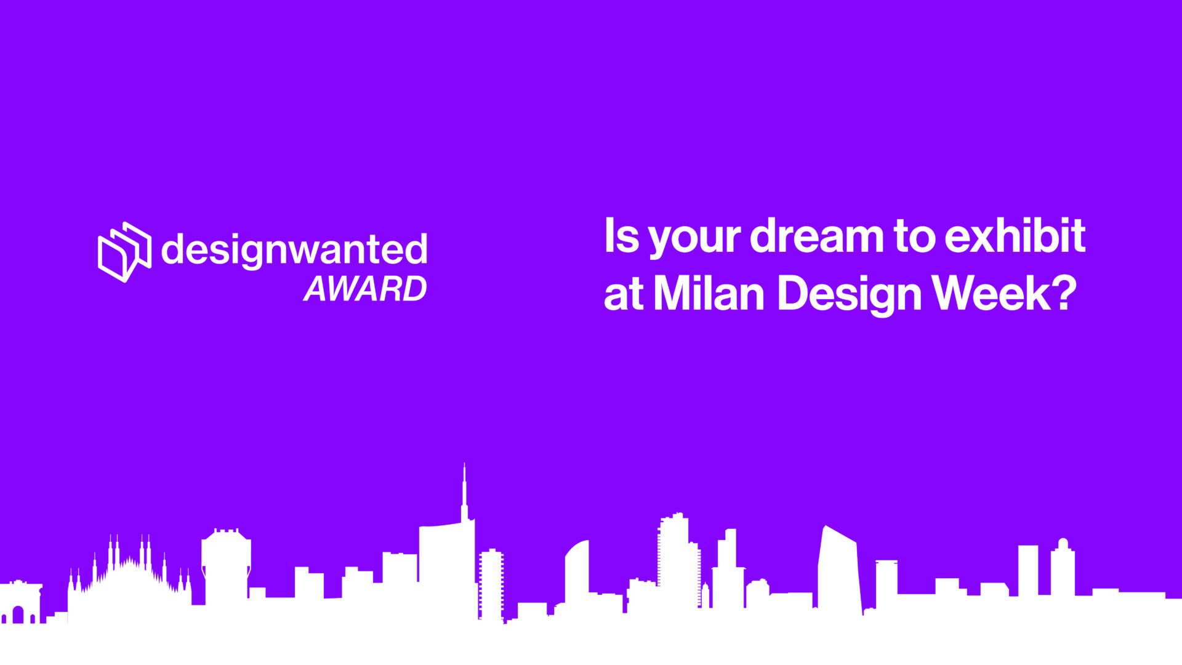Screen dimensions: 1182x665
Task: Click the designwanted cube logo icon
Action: tap(125, 252)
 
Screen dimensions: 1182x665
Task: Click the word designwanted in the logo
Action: tap(294, 250)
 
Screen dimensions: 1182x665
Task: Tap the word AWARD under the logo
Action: tap(366, 288)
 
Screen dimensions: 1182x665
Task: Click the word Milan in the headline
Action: tap(709, 292)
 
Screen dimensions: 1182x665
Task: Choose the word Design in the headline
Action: tap(850, 295)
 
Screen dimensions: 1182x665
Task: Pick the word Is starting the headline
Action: tap(622, 235)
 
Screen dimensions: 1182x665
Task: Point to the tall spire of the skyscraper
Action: tap(464, 493)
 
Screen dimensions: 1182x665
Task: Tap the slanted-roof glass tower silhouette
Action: tap(838, 573)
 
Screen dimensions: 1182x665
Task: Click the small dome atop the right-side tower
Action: tap(1063, 544)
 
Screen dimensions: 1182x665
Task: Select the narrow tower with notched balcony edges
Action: tap(491, 585)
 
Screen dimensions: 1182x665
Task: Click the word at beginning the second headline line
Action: tap(624, 295)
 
